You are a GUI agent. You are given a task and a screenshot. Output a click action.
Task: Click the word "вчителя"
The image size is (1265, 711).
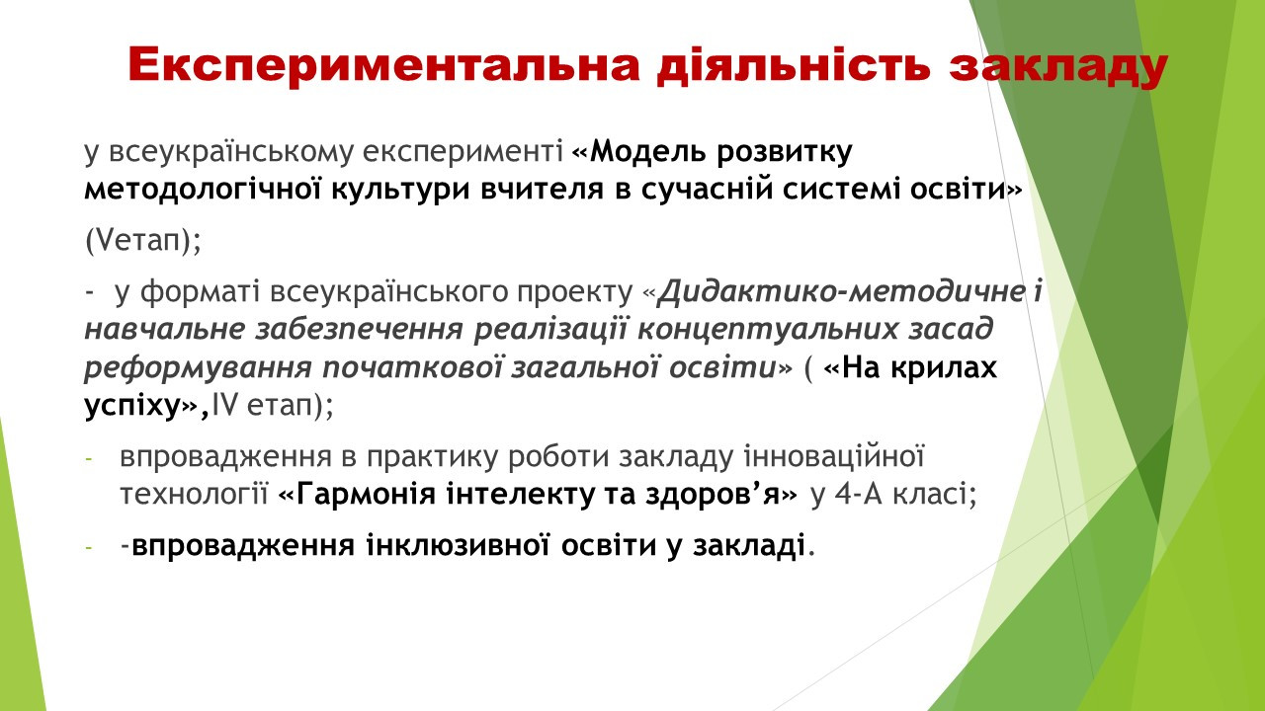pos(543,190)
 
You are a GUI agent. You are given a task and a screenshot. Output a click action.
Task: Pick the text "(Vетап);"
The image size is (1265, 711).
pos(143,241)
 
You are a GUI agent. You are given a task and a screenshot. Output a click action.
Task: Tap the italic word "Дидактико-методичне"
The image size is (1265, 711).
pos(841,291)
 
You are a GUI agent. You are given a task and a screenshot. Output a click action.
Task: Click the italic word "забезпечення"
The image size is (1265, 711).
pos(359,329)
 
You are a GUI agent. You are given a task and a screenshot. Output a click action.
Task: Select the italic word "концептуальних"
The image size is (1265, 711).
pos(767,329)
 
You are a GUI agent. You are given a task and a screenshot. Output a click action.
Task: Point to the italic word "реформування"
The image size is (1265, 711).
pos(198,367)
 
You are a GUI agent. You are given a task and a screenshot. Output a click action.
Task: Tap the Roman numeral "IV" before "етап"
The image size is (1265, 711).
pos(224,405)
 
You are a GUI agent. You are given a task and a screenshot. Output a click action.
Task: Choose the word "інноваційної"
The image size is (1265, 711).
pos(834,456)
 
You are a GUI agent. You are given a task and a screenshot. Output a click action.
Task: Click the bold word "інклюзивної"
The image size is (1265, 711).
pos(458,545)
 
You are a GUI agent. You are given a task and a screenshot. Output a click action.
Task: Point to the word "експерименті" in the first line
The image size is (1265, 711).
pos(464,152)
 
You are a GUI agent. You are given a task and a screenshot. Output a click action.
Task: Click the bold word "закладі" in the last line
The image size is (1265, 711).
pos(749,545)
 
